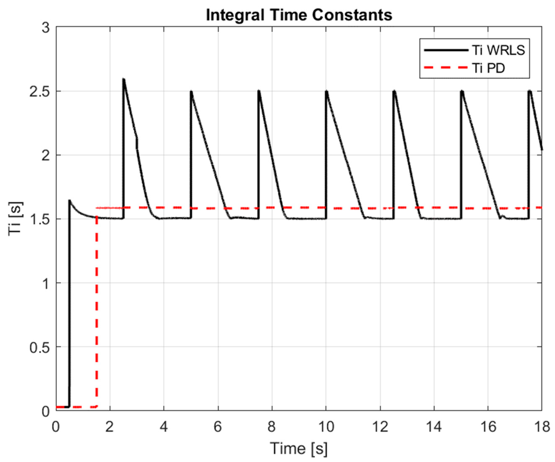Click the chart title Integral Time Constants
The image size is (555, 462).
click(x=299, y=15)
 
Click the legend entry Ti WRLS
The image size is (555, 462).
click(x=498, y=50)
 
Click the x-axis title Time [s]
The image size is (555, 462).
click(x=298, y=448)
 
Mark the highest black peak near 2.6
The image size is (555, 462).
click(x=123, y=79)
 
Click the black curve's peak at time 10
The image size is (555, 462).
click(x=327, y=91)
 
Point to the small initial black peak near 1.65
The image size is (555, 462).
click(x=70, y=201)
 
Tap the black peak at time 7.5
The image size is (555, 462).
click(x=259, y=91)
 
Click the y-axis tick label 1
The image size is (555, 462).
click(x=46, y=283)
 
